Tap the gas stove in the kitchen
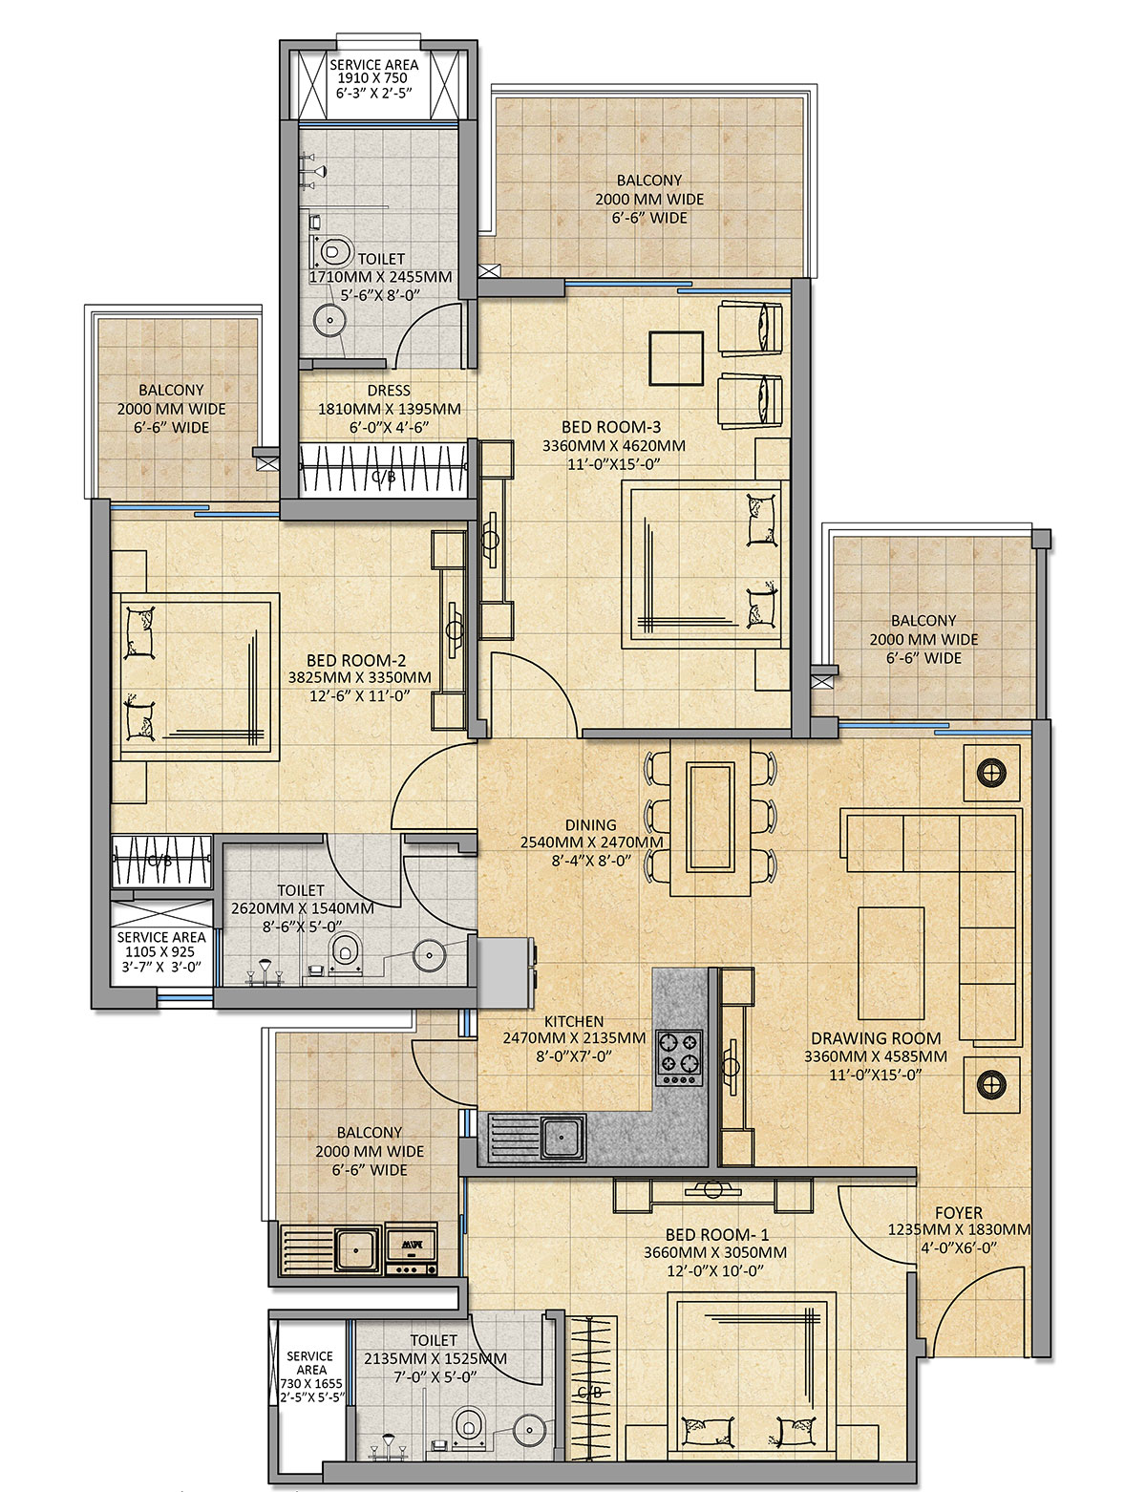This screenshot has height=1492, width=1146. click(x=679, y=1057)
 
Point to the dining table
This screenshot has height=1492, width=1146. click(x=711, y=817)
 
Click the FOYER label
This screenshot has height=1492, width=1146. click(x=958, y=1212)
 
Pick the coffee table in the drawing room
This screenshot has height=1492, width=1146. click(x=891, y=964)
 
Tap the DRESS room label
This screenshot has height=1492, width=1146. click(x=389, y=390)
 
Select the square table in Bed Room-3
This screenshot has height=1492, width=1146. click(x=676, y=358)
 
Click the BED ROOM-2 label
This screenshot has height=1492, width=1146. click(x=356, y=660)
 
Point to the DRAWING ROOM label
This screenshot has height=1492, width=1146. click(x=876, y=1038)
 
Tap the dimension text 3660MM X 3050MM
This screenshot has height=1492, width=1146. click(x=715, y=1252)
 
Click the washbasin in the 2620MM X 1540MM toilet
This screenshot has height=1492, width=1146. click(x=430, y=954)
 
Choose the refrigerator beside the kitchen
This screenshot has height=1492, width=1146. click(x=506, y=972)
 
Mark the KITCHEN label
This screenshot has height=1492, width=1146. click(x=574, y=1021)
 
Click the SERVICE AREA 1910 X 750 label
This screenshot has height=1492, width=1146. click(x=374, y=78)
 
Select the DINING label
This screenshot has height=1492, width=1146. click(x=591, y=824)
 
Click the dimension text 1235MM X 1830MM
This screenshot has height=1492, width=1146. click(x=959, y=1229)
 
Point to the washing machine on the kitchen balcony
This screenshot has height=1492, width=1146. click(x=411, y=1249)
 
